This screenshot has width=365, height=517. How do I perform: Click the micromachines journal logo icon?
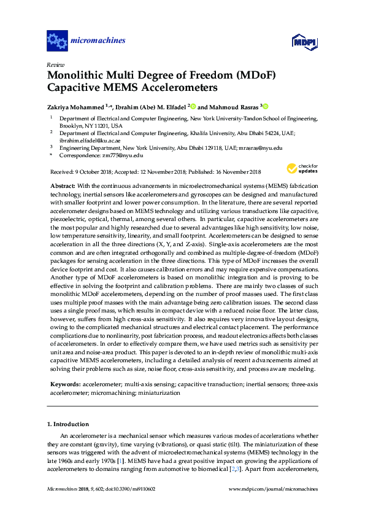pyautogui.click(x=57, y=41)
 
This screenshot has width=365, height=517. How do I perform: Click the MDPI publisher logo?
pyautogui.click(x=307, y=42)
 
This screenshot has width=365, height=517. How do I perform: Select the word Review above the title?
pyautogui.click(x=55, y=64)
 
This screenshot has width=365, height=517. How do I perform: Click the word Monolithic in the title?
pyautogui.click(x=79, y=76)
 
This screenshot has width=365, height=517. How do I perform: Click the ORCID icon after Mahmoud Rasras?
pyautogui.click(x=266, y=106)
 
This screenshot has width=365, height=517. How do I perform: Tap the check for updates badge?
pyautogui.click(x=302, y=168)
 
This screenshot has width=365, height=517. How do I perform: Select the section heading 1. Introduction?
pyautogui.click(x=68, y=424)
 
